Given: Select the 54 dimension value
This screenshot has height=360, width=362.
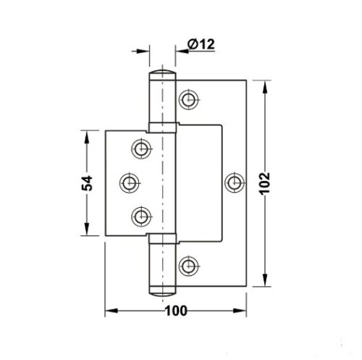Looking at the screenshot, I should (86, 183).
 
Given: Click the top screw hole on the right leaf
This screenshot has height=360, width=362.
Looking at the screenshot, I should (190, 98).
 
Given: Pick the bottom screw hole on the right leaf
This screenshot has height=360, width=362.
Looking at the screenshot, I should (190, 266).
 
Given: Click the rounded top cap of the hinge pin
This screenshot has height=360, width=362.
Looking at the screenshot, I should (164, 75).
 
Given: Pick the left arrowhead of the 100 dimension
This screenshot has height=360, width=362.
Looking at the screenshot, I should (111, 312).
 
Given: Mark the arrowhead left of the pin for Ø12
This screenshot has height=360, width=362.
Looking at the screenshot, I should (147, 51).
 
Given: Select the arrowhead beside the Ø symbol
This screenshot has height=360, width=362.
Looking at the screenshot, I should (180, 51).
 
